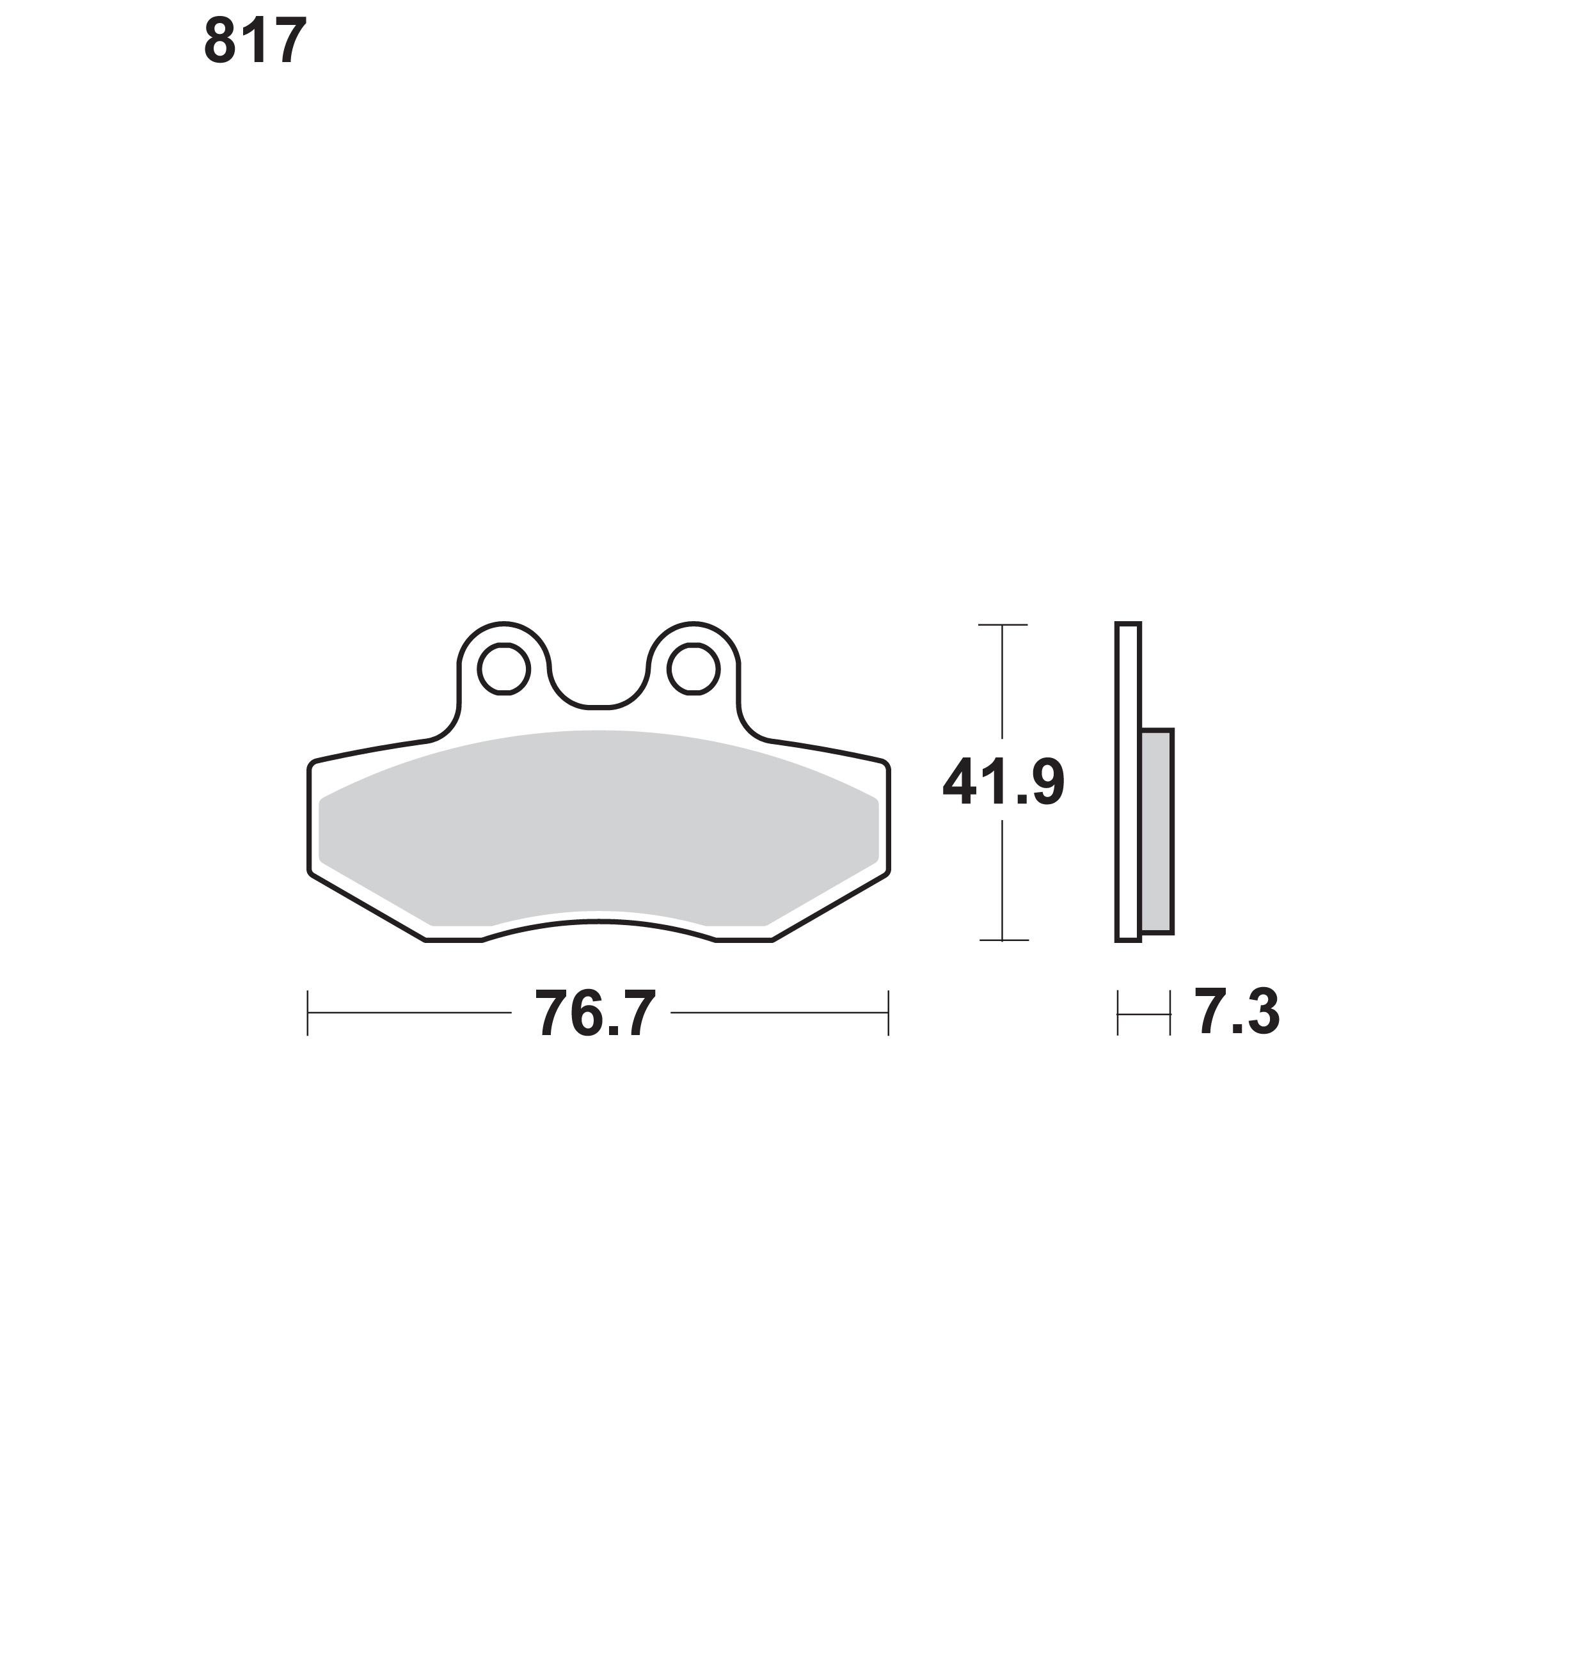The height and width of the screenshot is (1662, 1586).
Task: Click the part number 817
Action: tap(255, 40)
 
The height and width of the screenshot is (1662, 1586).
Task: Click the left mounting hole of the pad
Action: tap(504, 669)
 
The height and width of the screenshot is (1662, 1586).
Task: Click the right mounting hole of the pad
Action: tap(694, 669)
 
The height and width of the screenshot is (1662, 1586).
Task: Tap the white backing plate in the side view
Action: tap(1128, 782)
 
